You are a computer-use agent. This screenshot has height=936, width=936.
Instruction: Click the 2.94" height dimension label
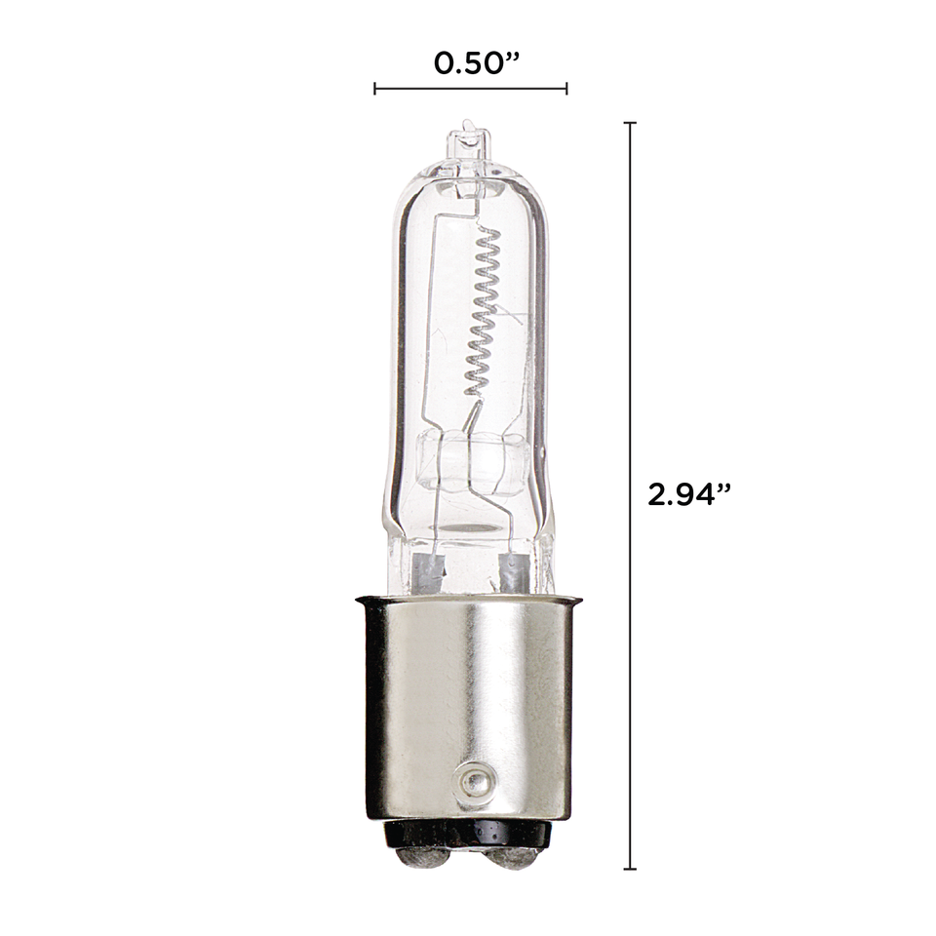coord(689,492)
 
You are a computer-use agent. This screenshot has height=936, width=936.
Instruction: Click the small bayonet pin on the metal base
coord(473,781)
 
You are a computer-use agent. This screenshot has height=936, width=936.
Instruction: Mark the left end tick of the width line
coord(375,89)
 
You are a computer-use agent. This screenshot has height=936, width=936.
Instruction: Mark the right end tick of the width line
coord(566,89)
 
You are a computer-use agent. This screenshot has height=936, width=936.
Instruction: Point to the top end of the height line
coord(630,124)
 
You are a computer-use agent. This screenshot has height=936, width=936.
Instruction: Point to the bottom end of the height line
coord(630,868)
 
